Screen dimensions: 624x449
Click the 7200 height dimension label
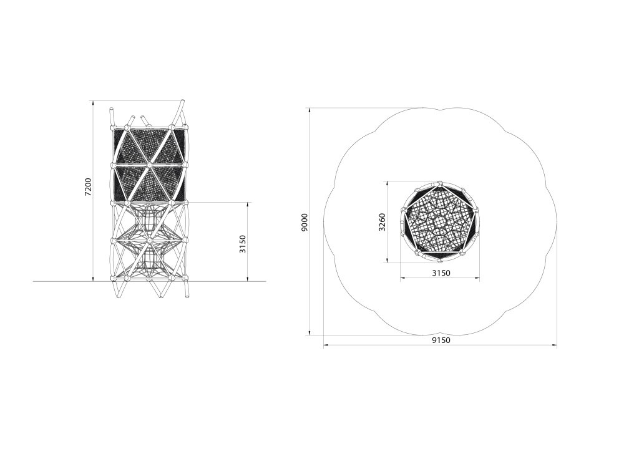[x=89, y=186]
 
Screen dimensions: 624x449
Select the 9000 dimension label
[x=305, y=222]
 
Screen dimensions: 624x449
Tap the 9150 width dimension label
[x=441, y=340]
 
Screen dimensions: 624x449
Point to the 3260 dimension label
[x=382, y=222]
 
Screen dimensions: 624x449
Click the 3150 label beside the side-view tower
[x=243, y=244]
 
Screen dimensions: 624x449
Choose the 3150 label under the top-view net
[x=441, y=273]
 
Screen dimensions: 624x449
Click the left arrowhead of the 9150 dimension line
[x=326, y=346]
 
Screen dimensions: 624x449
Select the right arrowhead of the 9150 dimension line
[x=554, y=346]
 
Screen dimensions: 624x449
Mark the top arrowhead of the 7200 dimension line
[x=93, y=104]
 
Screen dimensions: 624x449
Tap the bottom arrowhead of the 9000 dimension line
[x=310, y=332]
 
